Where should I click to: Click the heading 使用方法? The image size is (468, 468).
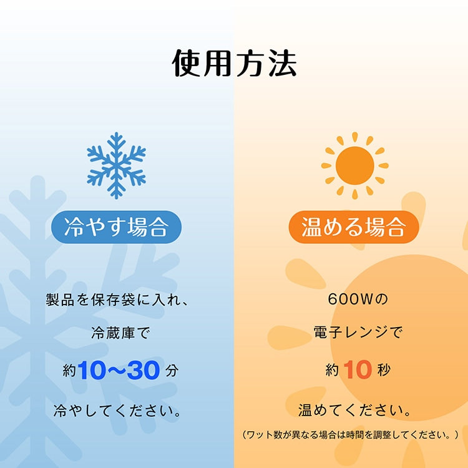234,63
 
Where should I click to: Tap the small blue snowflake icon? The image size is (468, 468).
117,165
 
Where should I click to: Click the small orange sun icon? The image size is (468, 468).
354,165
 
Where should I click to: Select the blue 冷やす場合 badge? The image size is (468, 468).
117,227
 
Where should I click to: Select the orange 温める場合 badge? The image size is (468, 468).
354,227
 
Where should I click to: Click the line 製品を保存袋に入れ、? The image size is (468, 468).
117,300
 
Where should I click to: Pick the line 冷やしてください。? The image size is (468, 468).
117,411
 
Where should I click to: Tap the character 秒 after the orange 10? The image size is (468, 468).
384,371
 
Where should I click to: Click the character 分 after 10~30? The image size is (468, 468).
173,371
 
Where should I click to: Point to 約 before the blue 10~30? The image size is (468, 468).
69,371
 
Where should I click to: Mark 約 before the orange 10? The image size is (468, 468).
332,371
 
